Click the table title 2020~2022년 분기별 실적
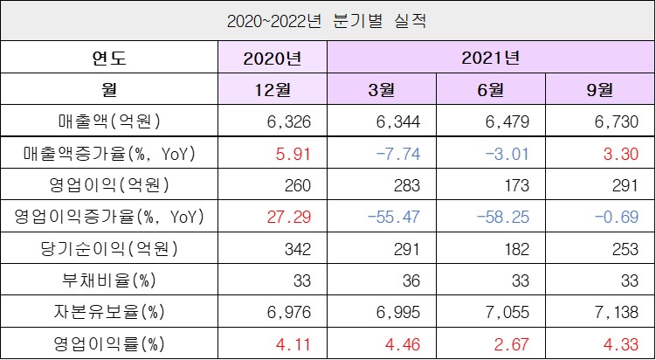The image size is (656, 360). [x=327, y=21]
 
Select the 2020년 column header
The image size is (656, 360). [x=273, y=59]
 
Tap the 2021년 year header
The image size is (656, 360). [x=491, y=59]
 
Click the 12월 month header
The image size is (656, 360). [x=273, y=90]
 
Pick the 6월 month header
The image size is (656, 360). [x=491, y=90]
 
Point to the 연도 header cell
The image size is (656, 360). [x=109, y=59]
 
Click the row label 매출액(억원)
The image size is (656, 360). [x=109, y=121]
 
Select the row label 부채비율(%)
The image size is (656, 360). [x=109, y=280]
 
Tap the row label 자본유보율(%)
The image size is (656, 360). [x=109, y=312]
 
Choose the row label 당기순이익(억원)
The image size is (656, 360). [x=109, y=249]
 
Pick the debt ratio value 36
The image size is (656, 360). [x=411, y=280]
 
